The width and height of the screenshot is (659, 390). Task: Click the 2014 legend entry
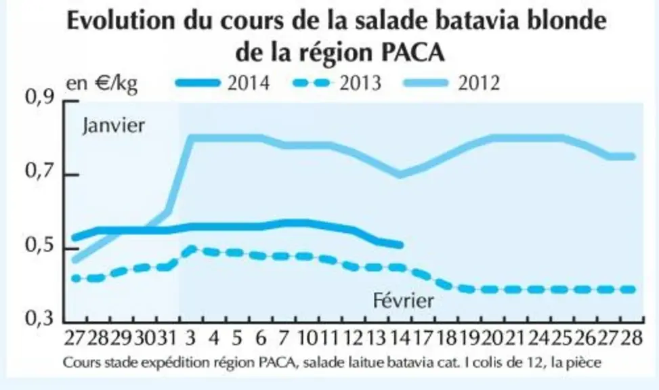pos(223,83)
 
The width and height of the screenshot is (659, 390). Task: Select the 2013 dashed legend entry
pos(336,83)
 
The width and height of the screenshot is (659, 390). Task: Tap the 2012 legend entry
pos(451,83)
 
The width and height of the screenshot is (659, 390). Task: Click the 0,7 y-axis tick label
pos(40,172)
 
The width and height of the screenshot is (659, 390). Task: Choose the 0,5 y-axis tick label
pos(40,246)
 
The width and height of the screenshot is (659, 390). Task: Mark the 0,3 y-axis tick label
pos(40,318)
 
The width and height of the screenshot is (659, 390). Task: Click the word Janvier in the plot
pos(114,125)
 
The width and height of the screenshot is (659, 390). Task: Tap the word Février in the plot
pos(404,301)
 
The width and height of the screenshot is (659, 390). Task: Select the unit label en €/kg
pos(102,84)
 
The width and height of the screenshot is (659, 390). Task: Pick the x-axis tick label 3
pos(191,337)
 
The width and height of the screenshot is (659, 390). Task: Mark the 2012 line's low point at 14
pos(400,174)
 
